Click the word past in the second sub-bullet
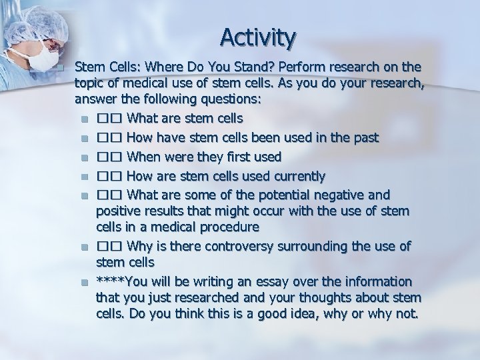pos(365,138)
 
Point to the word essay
pos(271,280)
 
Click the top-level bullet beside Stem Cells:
pos(60,68)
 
